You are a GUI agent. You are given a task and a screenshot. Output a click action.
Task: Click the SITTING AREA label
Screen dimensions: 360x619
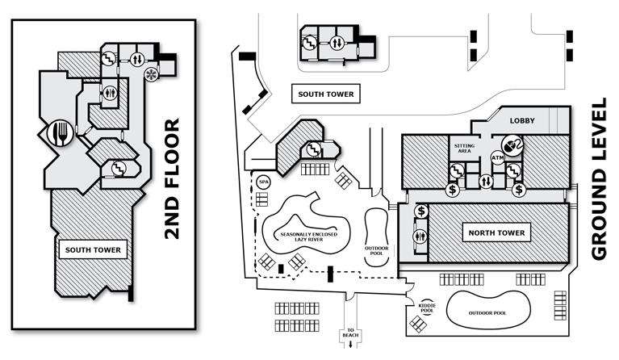coord(464,147)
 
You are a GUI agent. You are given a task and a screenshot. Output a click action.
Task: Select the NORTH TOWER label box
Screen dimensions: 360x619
coord(497,233)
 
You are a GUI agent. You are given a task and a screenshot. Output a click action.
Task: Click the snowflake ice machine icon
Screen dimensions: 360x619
coord(149,77)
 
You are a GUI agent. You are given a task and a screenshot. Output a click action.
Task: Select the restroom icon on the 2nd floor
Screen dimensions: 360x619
coord(111,92)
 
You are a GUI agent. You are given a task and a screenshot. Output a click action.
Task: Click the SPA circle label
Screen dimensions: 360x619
coord(264,182)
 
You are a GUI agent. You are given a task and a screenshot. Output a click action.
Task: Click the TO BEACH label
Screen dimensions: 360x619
coord(350,333)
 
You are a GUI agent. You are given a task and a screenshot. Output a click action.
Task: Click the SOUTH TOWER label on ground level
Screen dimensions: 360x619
coord(326,94)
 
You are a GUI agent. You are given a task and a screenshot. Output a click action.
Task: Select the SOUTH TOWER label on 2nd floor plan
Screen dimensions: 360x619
coord(94,250)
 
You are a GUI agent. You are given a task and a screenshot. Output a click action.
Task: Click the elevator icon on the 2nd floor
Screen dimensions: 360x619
coord(138,58)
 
